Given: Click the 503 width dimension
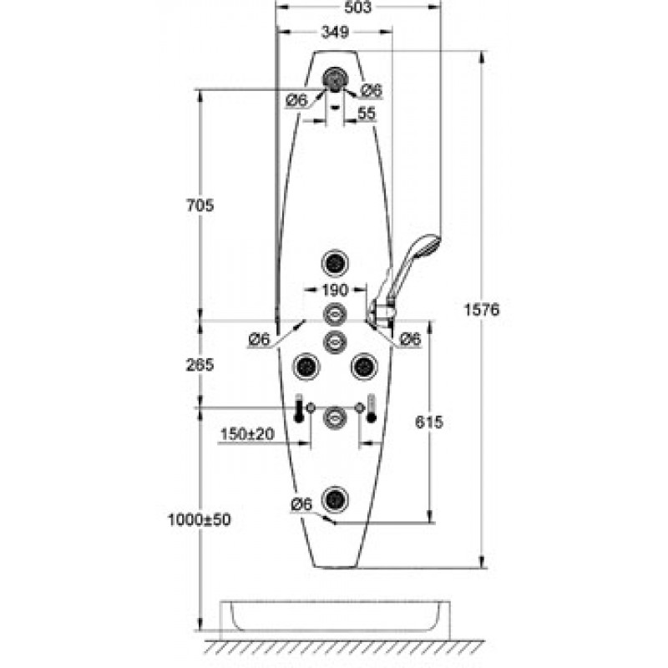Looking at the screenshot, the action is [358, 7].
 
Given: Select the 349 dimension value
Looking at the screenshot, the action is [336, 32].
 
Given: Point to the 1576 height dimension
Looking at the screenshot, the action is [482, 310].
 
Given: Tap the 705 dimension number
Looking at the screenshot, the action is [200, 205].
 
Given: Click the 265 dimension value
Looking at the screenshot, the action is [200, 365].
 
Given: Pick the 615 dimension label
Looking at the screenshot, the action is [429, 423].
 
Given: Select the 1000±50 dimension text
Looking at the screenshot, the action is [200, 519].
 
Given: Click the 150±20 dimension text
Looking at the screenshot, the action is [247, 434].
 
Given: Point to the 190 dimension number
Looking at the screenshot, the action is [336, 290].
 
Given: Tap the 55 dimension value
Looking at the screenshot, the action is [367, 114].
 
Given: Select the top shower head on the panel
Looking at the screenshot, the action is [336, 78].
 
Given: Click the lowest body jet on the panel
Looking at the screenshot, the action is [336, 498].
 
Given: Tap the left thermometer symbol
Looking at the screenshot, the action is [299, 407].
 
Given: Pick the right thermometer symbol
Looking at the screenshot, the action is [372, 407].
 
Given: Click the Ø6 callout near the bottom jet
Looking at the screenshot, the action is [301, 504].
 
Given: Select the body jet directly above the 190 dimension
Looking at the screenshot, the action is [336, 262].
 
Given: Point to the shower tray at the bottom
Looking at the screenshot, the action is [335, 620].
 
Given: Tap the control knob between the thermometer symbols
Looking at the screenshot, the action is [335, 417].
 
